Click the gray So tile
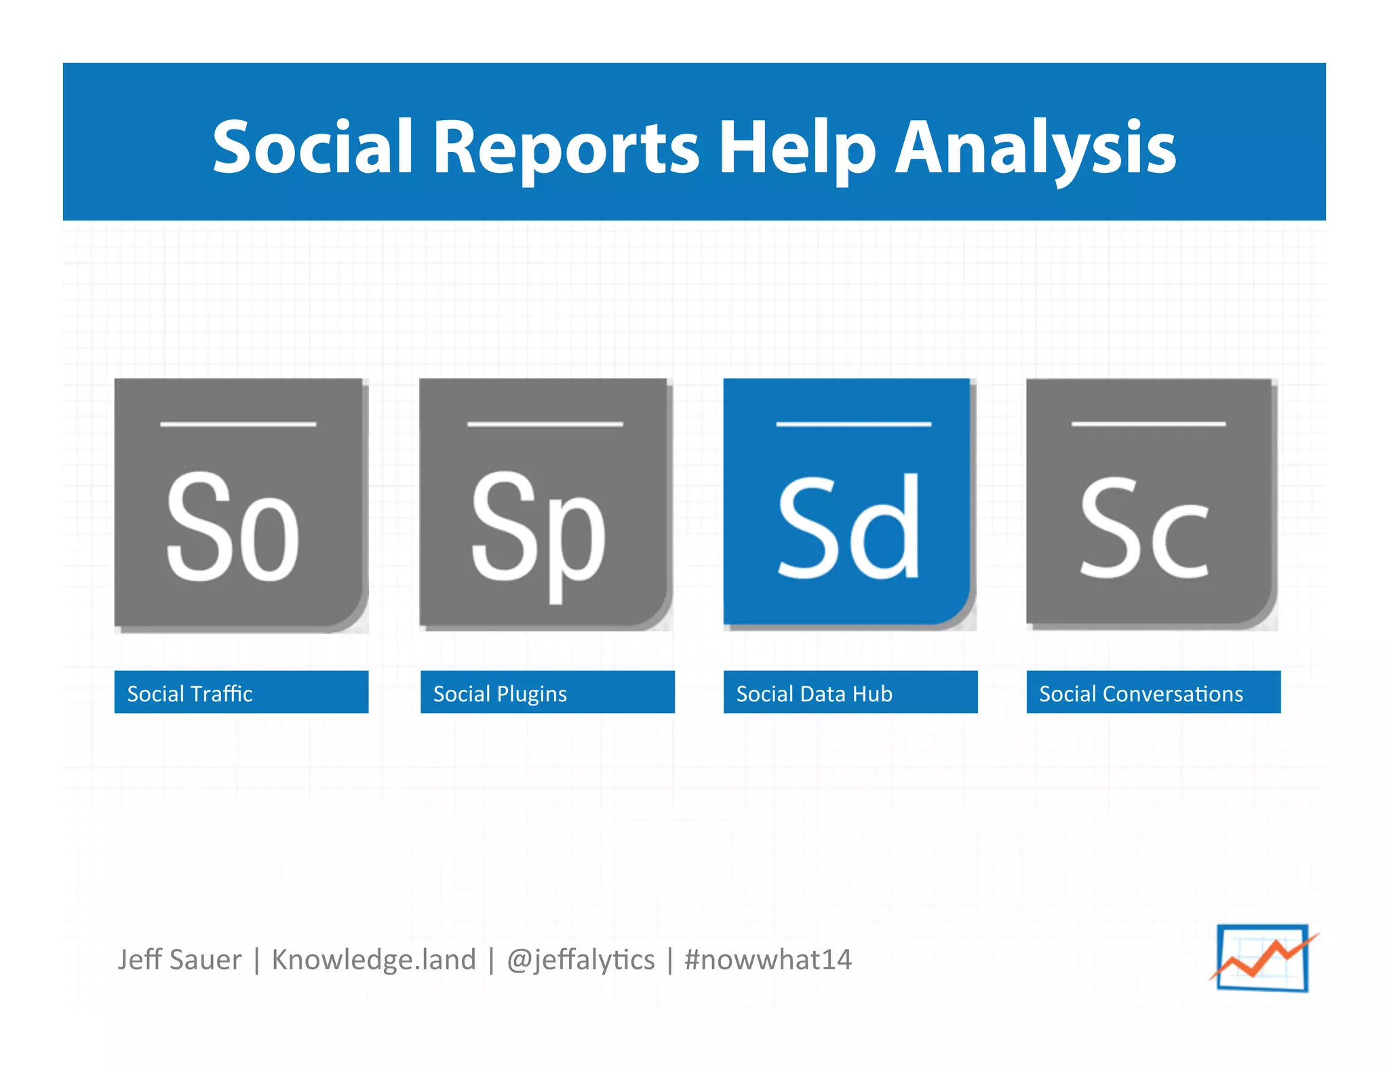[240, 505]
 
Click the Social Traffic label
[241, 692]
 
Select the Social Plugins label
[547, 692]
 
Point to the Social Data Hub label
[850, 692]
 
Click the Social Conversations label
[1153, 692]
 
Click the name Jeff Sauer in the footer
[179, 960]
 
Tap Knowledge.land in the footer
[374, 960]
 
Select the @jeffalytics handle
[581, 960]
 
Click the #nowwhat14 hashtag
[768, 960]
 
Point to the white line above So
[238, 425]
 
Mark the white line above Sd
[853, 424]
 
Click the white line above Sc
[1148, 424]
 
